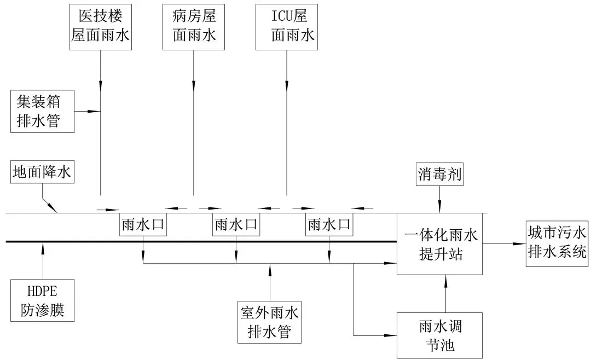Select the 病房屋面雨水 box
194,27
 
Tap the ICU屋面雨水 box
287,27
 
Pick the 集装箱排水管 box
43,112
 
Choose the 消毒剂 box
439,176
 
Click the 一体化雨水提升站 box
440,244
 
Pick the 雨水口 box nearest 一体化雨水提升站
329,224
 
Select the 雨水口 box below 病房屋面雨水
236,224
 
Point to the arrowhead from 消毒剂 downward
439,208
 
